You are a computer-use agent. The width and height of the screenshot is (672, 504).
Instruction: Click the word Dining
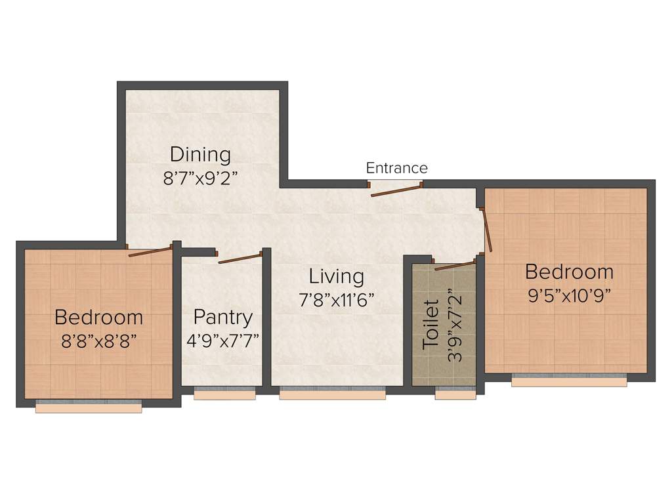[x=200, y=155]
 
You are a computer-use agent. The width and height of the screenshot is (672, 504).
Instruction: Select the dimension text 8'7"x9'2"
[x=200, y=178]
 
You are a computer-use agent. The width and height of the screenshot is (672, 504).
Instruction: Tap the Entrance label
[x=396, y=168]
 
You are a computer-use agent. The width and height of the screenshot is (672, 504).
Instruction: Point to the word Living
[x=337, y=276]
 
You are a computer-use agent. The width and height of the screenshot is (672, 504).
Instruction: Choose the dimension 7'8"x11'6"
[x=337, y=299]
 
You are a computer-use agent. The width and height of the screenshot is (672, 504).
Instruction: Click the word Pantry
[x=223, y=318]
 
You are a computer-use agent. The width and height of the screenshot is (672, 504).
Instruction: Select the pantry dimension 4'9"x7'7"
[x=223, y=341]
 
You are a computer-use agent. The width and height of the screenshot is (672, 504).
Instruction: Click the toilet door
[x=454, y=265]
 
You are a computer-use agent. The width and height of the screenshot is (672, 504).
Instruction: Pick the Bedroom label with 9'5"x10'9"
[x=569, y=272]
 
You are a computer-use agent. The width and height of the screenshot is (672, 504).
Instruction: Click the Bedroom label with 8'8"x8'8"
[x=98, y=318]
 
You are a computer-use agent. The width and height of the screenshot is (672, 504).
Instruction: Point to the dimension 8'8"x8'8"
[x=98, y=341]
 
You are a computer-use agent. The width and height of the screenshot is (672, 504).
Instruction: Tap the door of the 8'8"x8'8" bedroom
[x=152, y=251]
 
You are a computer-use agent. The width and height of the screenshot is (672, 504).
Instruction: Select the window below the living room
[x=332, y=393]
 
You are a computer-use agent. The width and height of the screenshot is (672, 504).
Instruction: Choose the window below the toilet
[x=455, y=394]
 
